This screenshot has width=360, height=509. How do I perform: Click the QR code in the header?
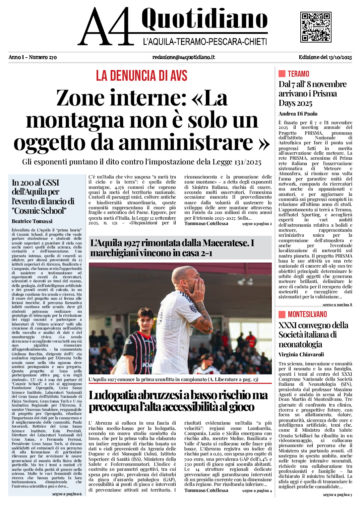point(316,27)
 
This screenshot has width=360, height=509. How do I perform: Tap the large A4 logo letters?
point(106,27)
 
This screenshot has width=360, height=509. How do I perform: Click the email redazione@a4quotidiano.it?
point(183,57)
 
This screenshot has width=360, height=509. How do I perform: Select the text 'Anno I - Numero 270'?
point(33,57)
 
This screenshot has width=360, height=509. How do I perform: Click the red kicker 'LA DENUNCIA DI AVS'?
point(141,76)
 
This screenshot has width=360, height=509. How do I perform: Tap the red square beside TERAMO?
point(282,74)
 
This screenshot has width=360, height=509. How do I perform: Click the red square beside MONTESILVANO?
point(282,314)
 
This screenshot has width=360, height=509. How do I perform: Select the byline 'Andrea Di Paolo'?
point(298,114)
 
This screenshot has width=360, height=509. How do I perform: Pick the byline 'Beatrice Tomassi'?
point(32,221)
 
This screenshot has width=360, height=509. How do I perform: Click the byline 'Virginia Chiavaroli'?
point(301,355)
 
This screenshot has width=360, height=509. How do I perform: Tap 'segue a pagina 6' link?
point(67,494)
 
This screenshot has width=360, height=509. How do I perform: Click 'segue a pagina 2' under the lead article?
point(257,224)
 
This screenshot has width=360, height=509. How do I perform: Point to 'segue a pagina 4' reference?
point(257,491)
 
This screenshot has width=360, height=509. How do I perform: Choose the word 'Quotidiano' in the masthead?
point(204,19)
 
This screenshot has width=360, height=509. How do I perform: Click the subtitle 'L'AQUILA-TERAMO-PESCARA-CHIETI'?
point(205,42)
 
